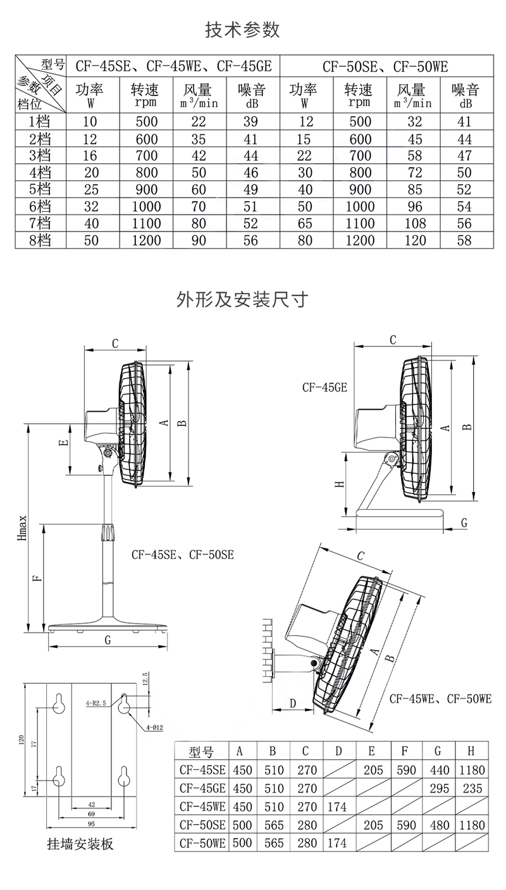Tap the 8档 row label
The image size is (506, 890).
pos(39,240)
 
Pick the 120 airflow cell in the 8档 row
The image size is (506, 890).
pos(411,240)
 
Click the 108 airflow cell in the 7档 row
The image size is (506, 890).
pos(411,223)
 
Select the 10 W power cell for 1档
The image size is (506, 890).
pos(90,122)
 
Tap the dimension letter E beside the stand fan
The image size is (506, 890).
pos(63,443)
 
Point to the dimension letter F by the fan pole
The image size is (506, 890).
pos(37,578)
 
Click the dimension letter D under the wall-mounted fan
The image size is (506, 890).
pos(293,703)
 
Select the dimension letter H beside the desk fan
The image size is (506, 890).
pos(339,485)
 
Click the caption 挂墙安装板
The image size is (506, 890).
pos(80,844)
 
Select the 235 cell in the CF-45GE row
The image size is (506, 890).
pos(471,788)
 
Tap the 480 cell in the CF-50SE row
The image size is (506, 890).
pos(438,825)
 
